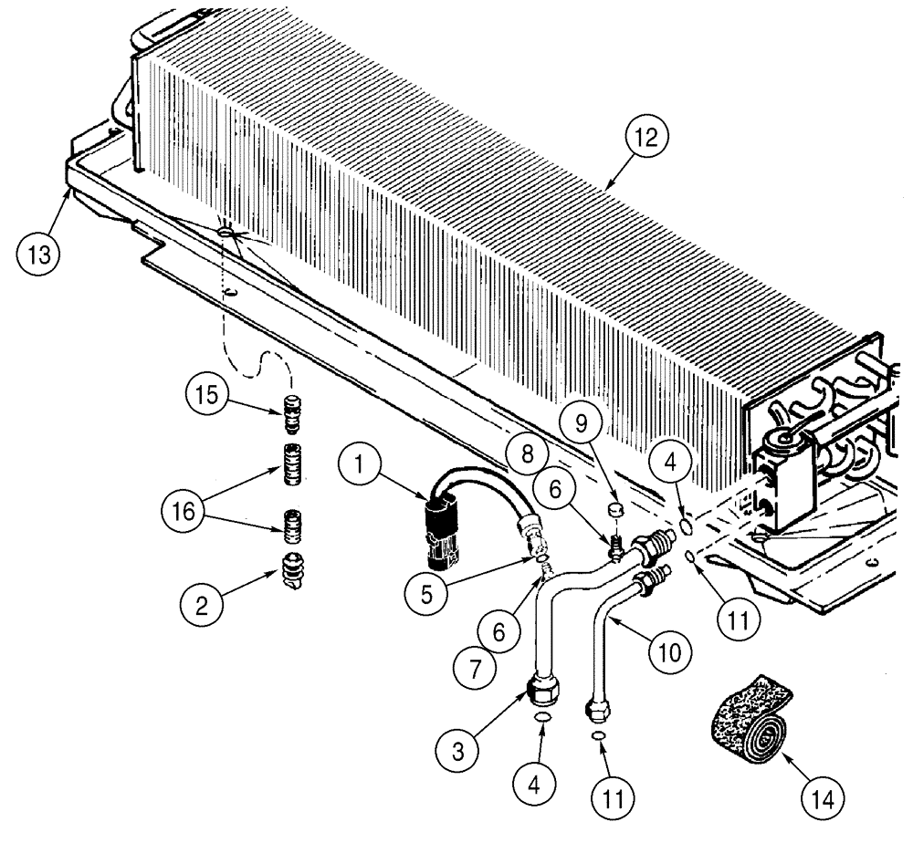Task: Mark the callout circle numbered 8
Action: (517, 451)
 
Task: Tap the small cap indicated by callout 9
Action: (616, 507)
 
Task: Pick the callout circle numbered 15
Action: (207, 398)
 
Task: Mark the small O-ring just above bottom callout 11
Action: (598, 736)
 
